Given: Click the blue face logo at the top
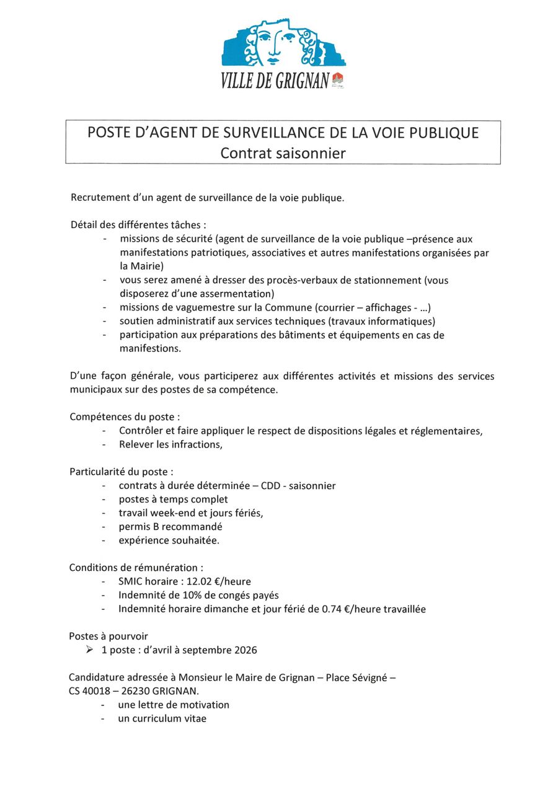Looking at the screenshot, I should click(x=283, y=43).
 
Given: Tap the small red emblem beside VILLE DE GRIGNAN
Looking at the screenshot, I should click(x=338, y=79).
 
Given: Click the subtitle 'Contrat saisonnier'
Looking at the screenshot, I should click(x=283, y=152).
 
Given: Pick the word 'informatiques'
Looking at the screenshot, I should click(x=399, y=321).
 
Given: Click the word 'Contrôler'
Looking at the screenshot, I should click(x=142, y=431).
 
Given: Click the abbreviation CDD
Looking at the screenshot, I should click(x=270, y=486).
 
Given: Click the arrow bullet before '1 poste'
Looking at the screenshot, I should click(x=90, y=650).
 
